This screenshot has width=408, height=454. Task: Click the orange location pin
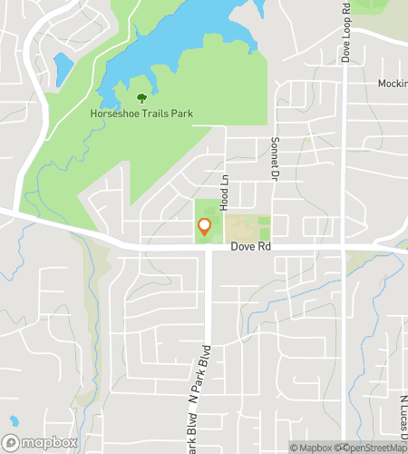tap(205, 227)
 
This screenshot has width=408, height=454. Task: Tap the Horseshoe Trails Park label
tap(141, 114)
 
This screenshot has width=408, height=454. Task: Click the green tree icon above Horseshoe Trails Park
tap(141, 98)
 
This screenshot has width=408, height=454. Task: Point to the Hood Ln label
tap(222, 191)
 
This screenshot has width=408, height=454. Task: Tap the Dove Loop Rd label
tap(346, 33)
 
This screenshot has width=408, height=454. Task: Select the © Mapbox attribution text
tap(312, 447)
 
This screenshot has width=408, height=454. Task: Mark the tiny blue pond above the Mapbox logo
tap(13, 421)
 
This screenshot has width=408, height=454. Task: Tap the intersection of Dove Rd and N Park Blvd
tap(209, 248)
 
